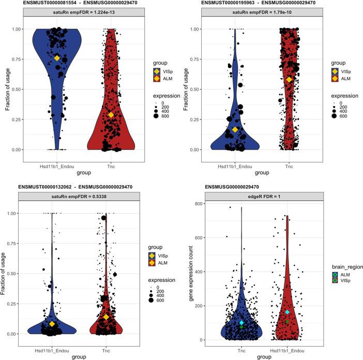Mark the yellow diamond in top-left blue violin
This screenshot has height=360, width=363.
pyautogui.click(x=57, y=58)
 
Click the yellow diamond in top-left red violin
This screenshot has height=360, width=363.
pyautogui.click(x=111, y=115)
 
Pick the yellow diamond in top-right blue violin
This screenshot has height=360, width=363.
pyautogui.click(x=235, y=129)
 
